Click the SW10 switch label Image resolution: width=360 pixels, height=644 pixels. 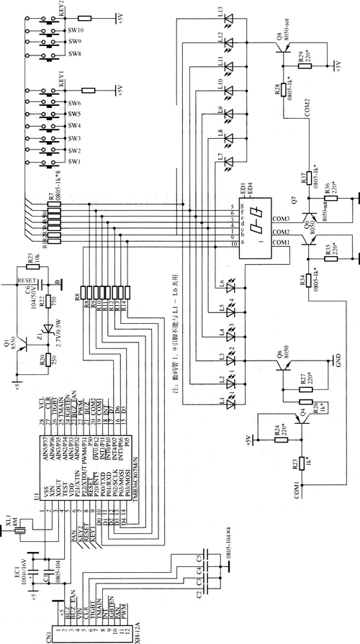pyautogui.click(x=76, y=31)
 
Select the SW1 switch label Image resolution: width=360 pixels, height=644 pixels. pyautogui.click(x=75, y=163)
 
